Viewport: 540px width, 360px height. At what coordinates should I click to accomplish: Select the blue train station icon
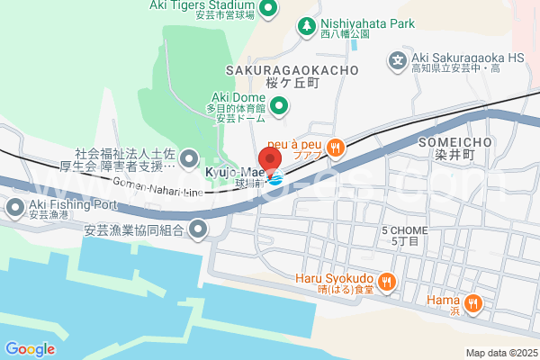point(276,176)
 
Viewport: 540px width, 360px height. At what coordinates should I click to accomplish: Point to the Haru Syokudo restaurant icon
point(387,282)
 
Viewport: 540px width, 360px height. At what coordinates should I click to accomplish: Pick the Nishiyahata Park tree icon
point(307,24)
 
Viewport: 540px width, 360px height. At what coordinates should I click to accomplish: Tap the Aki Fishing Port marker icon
point(14,209)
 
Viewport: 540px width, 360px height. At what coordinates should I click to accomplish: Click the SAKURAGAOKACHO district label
point(293,70)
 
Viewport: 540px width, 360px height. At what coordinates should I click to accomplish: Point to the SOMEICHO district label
point(454,143)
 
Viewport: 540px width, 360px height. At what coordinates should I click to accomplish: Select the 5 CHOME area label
point(404,230)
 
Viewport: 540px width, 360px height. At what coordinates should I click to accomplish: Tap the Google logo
point(30,349)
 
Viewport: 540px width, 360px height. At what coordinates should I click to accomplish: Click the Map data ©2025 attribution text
point(500,353)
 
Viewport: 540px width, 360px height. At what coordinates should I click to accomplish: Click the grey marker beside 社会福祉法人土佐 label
point(189,160)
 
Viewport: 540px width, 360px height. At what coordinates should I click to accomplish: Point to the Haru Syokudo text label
point(334,278)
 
